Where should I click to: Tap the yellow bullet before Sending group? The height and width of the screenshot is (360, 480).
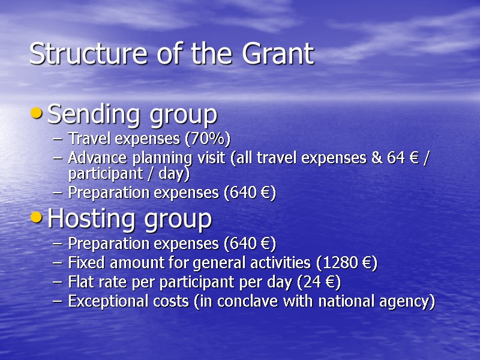click(37, 112)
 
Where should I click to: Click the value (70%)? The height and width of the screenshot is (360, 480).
click(206, 139)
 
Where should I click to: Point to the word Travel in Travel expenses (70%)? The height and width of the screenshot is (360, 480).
click(87, 139)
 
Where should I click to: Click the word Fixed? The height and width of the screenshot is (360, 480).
click(86, 263)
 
